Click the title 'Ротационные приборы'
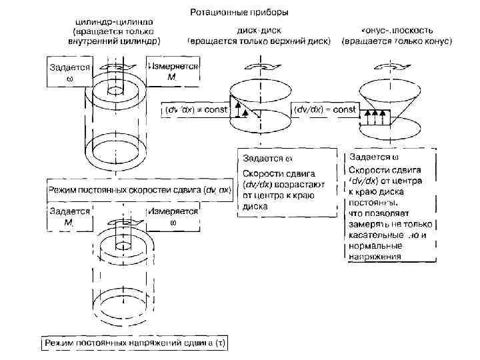[239, 12]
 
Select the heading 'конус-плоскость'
[397, 31]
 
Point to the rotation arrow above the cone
[384, 66]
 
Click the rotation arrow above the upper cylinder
[114, 67]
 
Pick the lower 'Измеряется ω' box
[173, 216]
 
